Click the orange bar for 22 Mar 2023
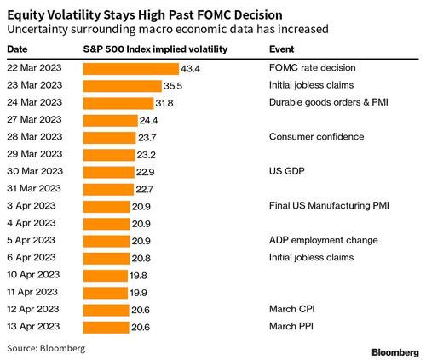pyautogui.click(x=131, y=69)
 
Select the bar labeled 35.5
pyautogui.click(x=123, y=86)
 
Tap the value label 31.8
pyautogui.click(x=164, y=103)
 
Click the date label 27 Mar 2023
pyautogui.click(x=34, y=119)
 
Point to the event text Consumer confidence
pyautogui.click(x=316, y=137)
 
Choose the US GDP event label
pyautogui.click(x=287, y=171)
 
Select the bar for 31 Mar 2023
pyautogui.click(x=108, y=190)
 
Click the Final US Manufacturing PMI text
pyautogui.click(x=329, y=205)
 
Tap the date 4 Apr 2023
pyautogui.click(x=32, y=223)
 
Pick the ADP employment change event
pyautogui.click(x=324, y=240)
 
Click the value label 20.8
pyautogui.click(x=141, y=258)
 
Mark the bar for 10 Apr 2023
pyautogui.click(x=106, y=276)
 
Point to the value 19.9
pyautogui.click(x=138, y=293)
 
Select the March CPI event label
pyautogui.click(x=291, y=309)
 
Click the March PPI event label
pyautogui.click(x=291, y=326)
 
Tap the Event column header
pyautogui.click(x=281, y=49)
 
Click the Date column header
pyautogui.click(x=17, y=49)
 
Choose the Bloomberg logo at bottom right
pyautogui.click(x=395, y=352)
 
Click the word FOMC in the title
pyautogui.click(x=215, y=15)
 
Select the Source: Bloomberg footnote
pyautogui.click(x=46, y=348)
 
